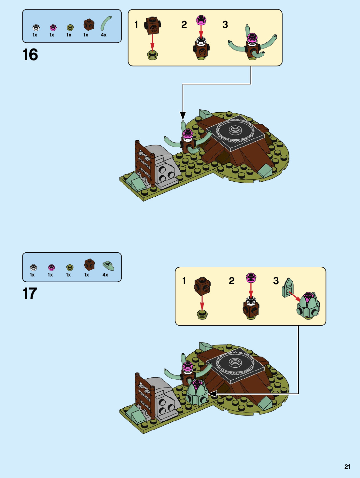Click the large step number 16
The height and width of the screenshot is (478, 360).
30,55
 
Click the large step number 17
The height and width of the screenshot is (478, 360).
30,294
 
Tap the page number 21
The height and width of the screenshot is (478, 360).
347,467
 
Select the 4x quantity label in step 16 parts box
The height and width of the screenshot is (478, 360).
104,35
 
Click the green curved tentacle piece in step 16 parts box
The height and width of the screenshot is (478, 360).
106,23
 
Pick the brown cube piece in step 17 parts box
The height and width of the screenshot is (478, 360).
89,264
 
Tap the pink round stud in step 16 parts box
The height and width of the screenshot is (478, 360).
53,27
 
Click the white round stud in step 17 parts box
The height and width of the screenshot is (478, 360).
33,267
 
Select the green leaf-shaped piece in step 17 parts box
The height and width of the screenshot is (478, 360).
108,266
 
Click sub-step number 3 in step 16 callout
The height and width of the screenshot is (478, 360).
225,25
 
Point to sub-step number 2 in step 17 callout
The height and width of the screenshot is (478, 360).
231,281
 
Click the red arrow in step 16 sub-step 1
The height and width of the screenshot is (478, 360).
152,42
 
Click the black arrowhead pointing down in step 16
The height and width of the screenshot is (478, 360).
183,116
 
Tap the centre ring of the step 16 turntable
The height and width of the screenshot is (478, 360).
234,130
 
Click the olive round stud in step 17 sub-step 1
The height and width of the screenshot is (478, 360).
202,314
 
